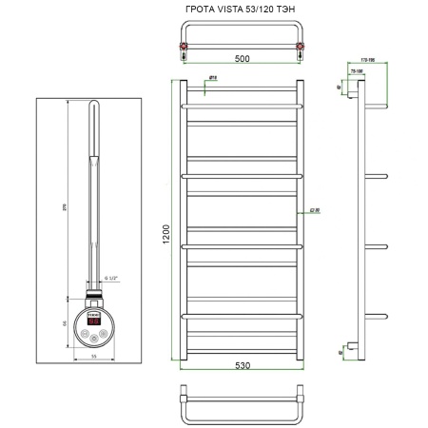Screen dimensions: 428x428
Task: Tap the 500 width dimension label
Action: point(241,58)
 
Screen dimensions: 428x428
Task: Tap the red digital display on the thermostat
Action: point(94,321)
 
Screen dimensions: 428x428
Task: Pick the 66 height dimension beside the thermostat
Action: point(68,321)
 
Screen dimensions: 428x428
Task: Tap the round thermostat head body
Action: point(95,323)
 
